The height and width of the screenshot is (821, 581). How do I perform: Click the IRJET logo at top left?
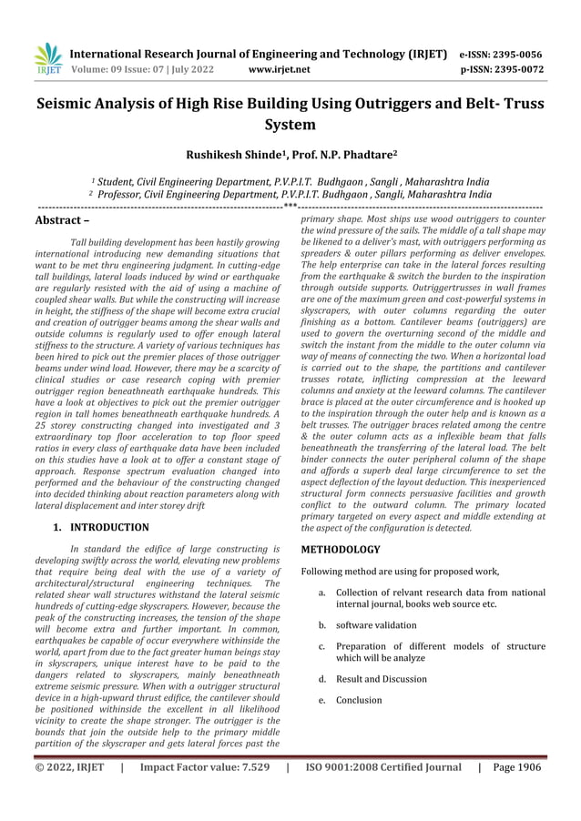47,59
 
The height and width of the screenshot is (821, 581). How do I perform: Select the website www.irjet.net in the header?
279,68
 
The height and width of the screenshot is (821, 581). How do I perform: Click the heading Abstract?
61,220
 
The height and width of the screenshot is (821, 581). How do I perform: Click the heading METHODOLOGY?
340,550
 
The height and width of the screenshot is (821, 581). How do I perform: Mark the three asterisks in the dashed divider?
290,208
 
